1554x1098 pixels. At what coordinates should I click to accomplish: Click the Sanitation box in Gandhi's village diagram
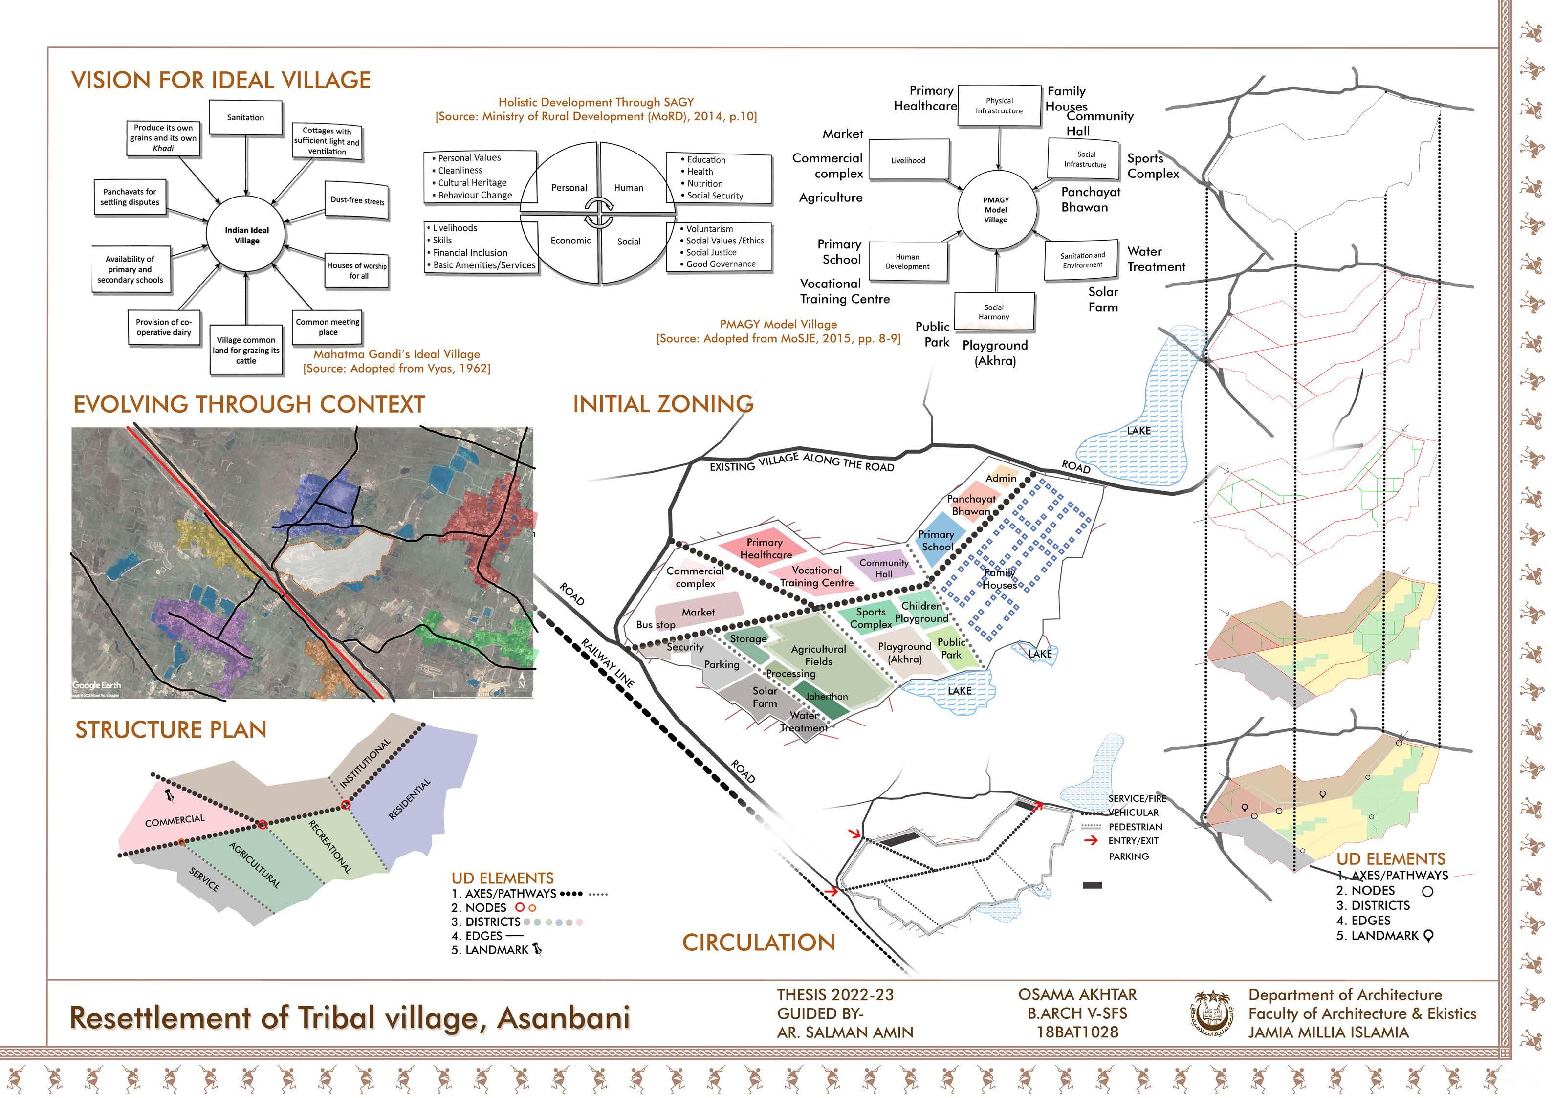coord(245,118)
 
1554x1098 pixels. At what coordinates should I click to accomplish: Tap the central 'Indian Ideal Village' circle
coord(247,235)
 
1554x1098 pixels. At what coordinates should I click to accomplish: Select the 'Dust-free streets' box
coord(357,200)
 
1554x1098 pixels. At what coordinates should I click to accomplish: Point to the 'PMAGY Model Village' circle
coord(996,210)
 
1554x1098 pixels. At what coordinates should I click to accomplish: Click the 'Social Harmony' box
coord(994,312)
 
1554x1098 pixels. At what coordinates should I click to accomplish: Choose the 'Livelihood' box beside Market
coord(908,160)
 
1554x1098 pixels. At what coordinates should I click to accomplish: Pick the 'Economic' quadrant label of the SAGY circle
coord(570,241)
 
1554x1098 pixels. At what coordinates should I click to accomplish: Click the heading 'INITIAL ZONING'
coord(663,404)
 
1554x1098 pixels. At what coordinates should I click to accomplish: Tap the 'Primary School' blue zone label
coord(937,541)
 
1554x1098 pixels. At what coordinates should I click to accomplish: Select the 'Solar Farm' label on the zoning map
coord(765,697)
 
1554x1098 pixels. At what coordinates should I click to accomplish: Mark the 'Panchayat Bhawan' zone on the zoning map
coord(971,505)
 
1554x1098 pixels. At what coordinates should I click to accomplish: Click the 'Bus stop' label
coord(655,625)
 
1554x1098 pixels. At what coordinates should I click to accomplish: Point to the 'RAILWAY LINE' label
coord(608,663)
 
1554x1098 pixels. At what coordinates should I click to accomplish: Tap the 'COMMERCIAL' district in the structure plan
coord(175,820)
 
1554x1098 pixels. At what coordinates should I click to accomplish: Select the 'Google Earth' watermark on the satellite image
coord(96,685)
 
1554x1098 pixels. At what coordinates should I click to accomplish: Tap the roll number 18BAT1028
coord(1077,1032)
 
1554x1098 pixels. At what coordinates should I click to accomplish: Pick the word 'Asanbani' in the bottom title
coord(563,1017)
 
